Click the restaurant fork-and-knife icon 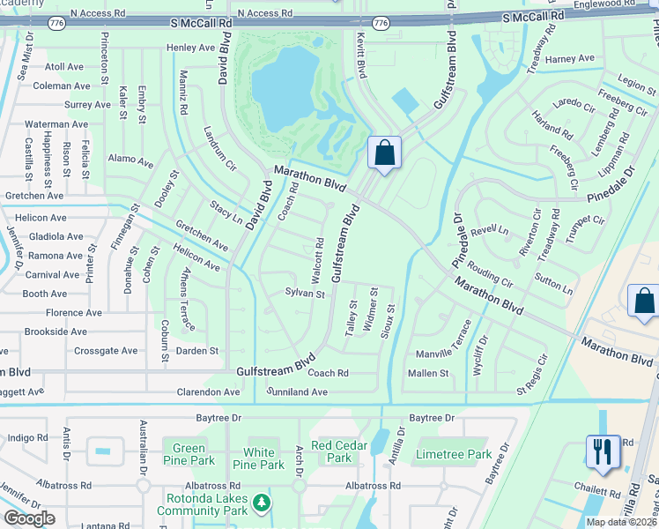tap(603, 451)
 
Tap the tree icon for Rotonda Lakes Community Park tap(261, 503)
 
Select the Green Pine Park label tap(189, 454)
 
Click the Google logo tap(30, 518)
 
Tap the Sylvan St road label tap(305, 293)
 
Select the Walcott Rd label tap(319, 256)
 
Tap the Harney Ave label tap(570, 59)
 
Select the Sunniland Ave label tap(298, 391)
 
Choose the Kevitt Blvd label tap(361, 60)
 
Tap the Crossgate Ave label tap(106, 351)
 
